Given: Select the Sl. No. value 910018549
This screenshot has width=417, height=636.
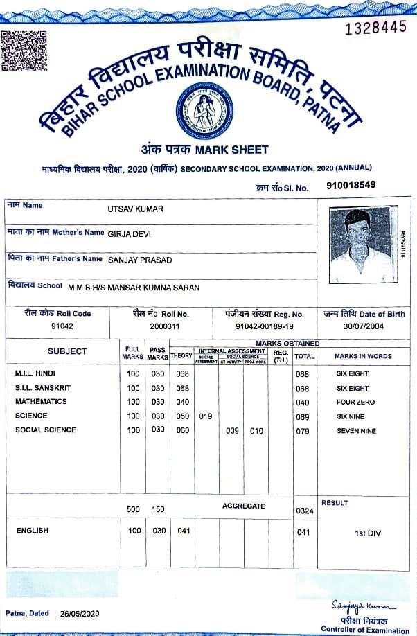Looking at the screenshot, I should pos(351,186).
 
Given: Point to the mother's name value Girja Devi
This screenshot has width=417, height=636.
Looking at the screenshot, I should pos(130,233).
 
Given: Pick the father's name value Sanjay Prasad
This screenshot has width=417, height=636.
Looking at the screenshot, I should pos(140,260).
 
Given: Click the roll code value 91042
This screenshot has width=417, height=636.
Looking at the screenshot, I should pos(62,326).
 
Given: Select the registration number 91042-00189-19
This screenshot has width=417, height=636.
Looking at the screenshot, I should pos(265,326).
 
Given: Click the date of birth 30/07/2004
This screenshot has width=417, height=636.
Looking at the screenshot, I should pos(364,326).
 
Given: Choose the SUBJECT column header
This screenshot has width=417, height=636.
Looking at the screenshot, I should pos(67,351).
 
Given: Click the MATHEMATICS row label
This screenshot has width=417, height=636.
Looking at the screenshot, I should pos(41,402).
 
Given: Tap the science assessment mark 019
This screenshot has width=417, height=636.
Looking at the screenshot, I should pos(205,416).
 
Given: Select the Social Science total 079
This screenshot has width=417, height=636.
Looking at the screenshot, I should pos(302,431).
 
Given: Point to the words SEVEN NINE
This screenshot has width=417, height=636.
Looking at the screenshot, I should pos(356,431).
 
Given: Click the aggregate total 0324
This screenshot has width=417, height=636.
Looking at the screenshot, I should pos(303,511).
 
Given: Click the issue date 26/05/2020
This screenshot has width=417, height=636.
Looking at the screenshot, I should pos(80,614).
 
